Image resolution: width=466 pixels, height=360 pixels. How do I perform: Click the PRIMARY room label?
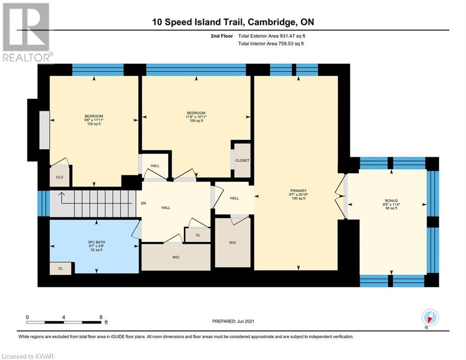298,191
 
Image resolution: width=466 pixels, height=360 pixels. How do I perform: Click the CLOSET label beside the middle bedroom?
242,160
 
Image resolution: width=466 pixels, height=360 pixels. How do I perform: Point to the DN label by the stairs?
143,203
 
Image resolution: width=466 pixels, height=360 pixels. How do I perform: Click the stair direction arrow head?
61,194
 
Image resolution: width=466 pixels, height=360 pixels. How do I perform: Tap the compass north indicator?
430,318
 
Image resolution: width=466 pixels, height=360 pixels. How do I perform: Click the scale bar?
64,322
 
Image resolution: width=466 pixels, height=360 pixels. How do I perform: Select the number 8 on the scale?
101,317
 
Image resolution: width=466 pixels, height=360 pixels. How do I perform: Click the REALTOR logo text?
27,57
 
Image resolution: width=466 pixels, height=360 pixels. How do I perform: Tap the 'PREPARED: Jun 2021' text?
233,321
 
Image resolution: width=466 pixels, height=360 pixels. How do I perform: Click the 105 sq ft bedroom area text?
94,124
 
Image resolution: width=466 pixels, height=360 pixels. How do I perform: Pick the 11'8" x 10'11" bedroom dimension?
196,117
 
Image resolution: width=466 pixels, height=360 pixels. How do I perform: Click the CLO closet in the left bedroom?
59,177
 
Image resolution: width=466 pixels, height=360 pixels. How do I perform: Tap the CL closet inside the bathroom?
60,269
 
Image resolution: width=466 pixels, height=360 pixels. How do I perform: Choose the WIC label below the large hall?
176,257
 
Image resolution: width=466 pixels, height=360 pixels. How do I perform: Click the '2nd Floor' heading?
222,36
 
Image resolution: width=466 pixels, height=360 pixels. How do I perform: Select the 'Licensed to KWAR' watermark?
28,356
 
